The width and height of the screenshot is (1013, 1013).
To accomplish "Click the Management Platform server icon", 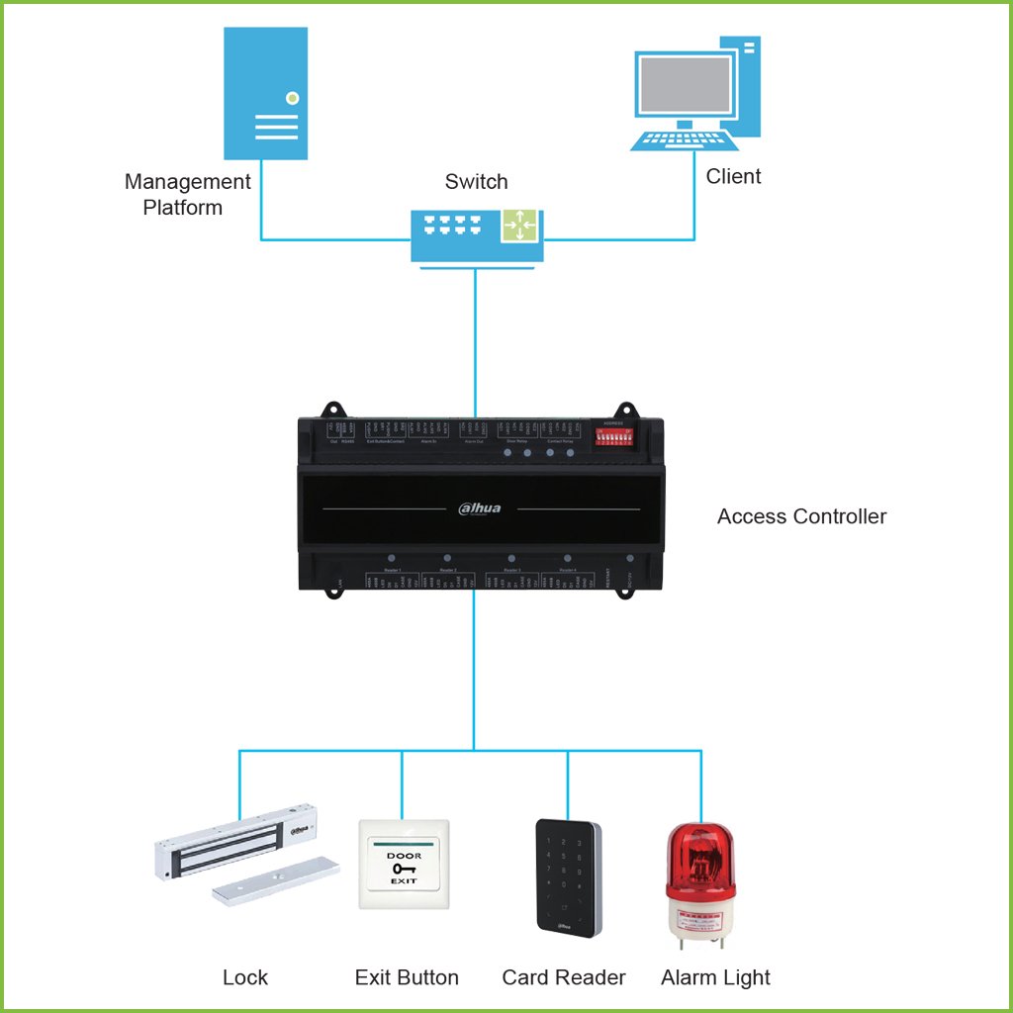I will (x=264, y=93).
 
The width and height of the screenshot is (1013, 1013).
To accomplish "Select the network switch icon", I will (x=476, y=234).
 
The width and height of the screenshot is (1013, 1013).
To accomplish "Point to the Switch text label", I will (x=476, y=182).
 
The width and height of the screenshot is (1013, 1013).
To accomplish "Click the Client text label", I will (x=733, y=176).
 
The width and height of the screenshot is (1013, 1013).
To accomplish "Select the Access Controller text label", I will (x=801, y=516).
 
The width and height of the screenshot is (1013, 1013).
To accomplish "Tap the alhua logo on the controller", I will (x=481, y=508).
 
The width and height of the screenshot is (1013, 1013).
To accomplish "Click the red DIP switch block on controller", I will (x=613, y=435).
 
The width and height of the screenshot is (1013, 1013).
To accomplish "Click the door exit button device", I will (x=404, y=864).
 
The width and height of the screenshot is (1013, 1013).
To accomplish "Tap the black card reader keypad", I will (x=568, y=876).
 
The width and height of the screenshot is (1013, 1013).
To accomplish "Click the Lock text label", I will (x=245, y=977).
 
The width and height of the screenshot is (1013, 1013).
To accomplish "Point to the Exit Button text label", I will (x=407, y=977).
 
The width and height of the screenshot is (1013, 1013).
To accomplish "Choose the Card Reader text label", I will (x=564, y=977).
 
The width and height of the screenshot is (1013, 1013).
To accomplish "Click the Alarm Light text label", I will (x=715, y=977).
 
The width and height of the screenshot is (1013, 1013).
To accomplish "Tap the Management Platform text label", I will (x=187, y=195).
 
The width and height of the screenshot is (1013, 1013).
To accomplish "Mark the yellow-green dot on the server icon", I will (x=291, y=98).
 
